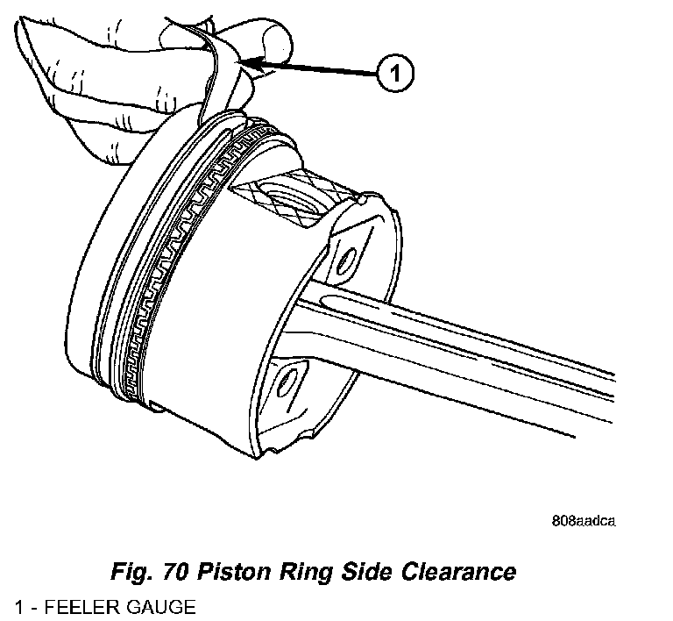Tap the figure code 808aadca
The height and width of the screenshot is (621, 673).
584,520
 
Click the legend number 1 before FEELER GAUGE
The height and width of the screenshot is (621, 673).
18,606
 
